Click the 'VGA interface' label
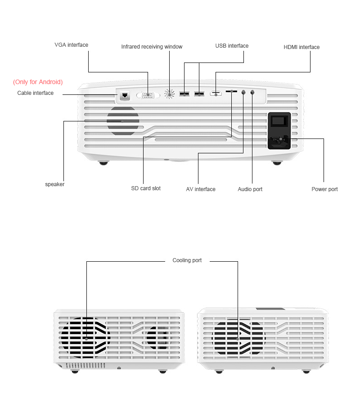click(72, 45)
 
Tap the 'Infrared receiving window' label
click(152, 47)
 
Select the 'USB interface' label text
click(232, 45)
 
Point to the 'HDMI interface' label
click(301, 47)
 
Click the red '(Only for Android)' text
click(38, 82)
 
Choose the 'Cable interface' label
click(36, 93)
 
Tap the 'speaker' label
click(54, 184)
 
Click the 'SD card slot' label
click(146, 188)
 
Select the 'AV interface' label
click(201, 189)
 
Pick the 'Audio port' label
click(250, 189)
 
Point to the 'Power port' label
click(324, 189)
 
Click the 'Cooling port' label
click(187, 260)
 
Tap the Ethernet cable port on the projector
click(125, 95)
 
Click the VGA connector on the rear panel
click(148, 95)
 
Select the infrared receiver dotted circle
click(169, 94)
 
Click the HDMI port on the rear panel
click(216, 94)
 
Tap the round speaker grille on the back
click(123, 121)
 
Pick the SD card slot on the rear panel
click(231, 91)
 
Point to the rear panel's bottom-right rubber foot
click(277, 163)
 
